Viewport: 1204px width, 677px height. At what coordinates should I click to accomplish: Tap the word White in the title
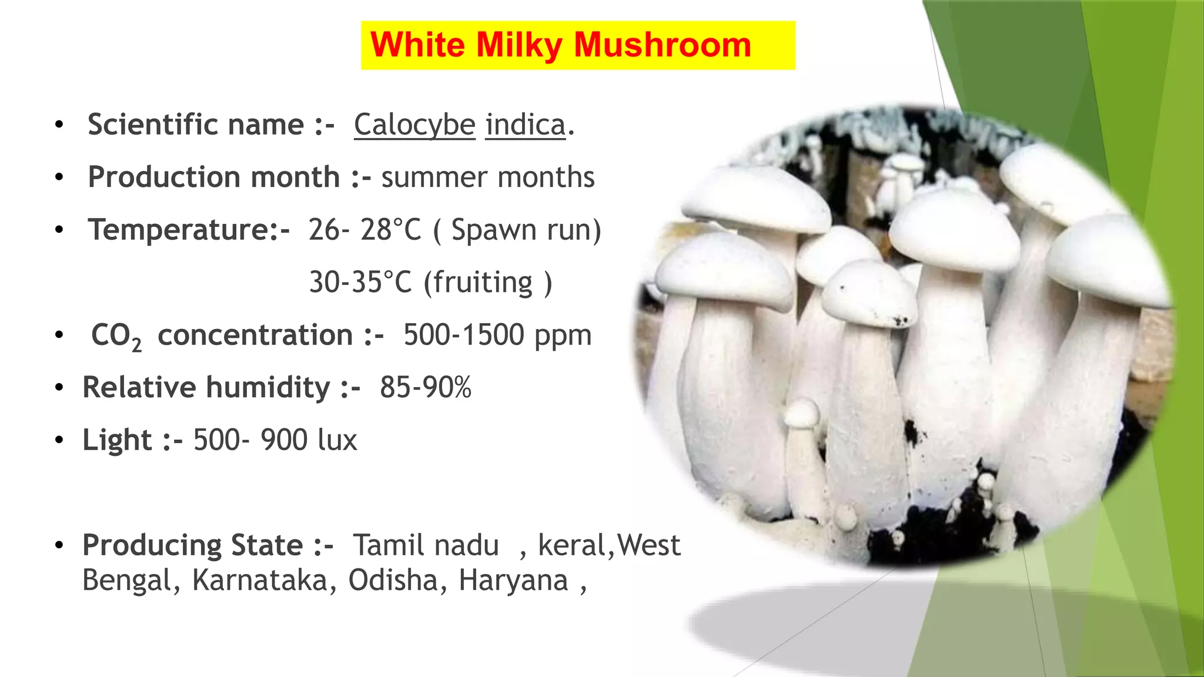(x=417, y=45)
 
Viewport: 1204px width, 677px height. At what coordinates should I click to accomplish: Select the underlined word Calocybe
(x=414, y=125)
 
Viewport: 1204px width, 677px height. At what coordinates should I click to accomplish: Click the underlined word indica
(x=525, y=125)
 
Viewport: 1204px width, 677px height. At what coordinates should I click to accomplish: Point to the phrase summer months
(x=488, y=177)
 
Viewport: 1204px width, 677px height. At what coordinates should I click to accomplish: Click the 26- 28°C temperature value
(x=364, y=230)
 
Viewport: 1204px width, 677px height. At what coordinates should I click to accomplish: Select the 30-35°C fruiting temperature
(x=360, y=283)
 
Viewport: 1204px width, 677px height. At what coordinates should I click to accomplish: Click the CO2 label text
(x=116, y=336)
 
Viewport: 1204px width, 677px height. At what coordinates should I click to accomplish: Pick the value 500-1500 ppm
(x=497, y=335)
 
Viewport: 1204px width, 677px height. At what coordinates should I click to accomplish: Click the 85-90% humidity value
(x=426, y=388)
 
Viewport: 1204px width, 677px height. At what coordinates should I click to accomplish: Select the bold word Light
(x=117, y=440)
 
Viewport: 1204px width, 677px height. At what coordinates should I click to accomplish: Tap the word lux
(x=337, y=440)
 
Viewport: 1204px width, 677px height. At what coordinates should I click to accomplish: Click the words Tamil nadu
(x=426, y=545)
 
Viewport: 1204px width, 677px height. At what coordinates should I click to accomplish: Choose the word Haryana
(x=513, y=581)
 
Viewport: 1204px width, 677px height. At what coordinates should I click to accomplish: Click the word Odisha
(x=393, y=581)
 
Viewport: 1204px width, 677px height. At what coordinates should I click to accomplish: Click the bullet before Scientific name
(x=59, y=125)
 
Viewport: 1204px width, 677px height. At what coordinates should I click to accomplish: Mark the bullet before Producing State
(x=59, y=545)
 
